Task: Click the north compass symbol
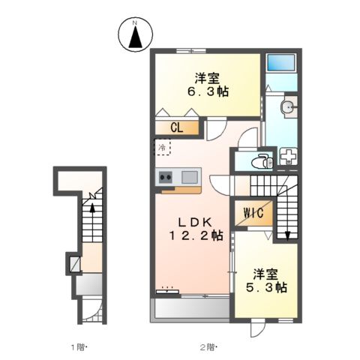(136, 35)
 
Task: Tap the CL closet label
(177, 127)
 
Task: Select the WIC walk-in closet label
(250, 213)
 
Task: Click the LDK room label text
(196, 221)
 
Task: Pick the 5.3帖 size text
(268, 286)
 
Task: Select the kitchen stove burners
(166, 177)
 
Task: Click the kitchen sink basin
(189, 177)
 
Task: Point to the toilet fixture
(262, 160)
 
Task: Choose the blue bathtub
(283, 64)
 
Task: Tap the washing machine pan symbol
(288, 157)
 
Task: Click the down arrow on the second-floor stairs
(289, 235)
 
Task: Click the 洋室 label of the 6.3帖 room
(207, 77)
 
